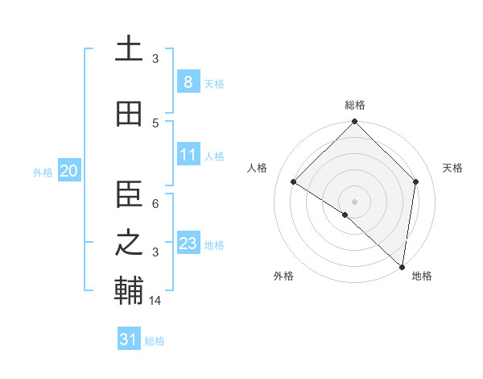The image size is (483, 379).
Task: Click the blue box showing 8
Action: click(x=188, y=81)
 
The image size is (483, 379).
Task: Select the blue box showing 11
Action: click(x=188, y=154)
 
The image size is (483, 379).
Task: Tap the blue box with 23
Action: click(x=188, y=243)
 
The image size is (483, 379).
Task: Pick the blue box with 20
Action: click(x=68, y=170)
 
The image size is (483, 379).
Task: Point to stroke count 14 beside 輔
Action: click(x=156, y=301)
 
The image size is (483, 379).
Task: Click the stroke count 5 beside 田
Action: click(x=155, y=123)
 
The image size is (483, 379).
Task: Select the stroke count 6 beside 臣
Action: click(x=155, y=205)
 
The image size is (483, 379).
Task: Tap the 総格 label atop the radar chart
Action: click(x=355, y=105)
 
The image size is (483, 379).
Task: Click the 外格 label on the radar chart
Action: click(x=283, y=276)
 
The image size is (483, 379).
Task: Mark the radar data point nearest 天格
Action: click(x=416, y=181)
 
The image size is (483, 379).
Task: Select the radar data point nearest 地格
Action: click(x=402, y=266)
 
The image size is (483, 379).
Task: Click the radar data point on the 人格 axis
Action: click(x=294, y=181)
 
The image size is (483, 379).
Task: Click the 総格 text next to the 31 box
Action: click(x=155, y=341)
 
